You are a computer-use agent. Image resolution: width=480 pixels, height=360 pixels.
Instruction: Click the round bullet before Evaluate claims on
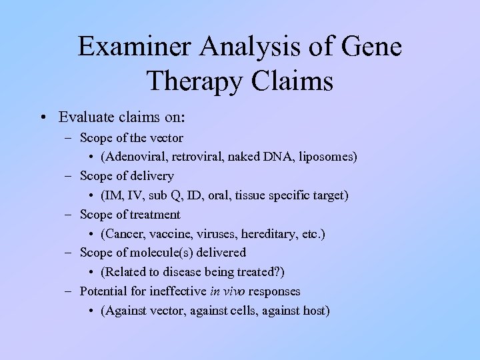[42, 117]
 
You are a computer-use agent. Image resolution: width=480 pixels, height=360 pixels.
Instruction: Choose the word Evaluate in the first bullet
[85, 117]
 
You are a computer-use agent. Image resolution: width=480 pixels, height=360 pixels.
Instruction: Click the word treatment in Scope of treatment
[155, 215]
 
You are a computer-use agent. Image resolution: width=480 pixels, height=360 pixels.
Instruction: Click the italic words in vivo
[225, 291]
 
